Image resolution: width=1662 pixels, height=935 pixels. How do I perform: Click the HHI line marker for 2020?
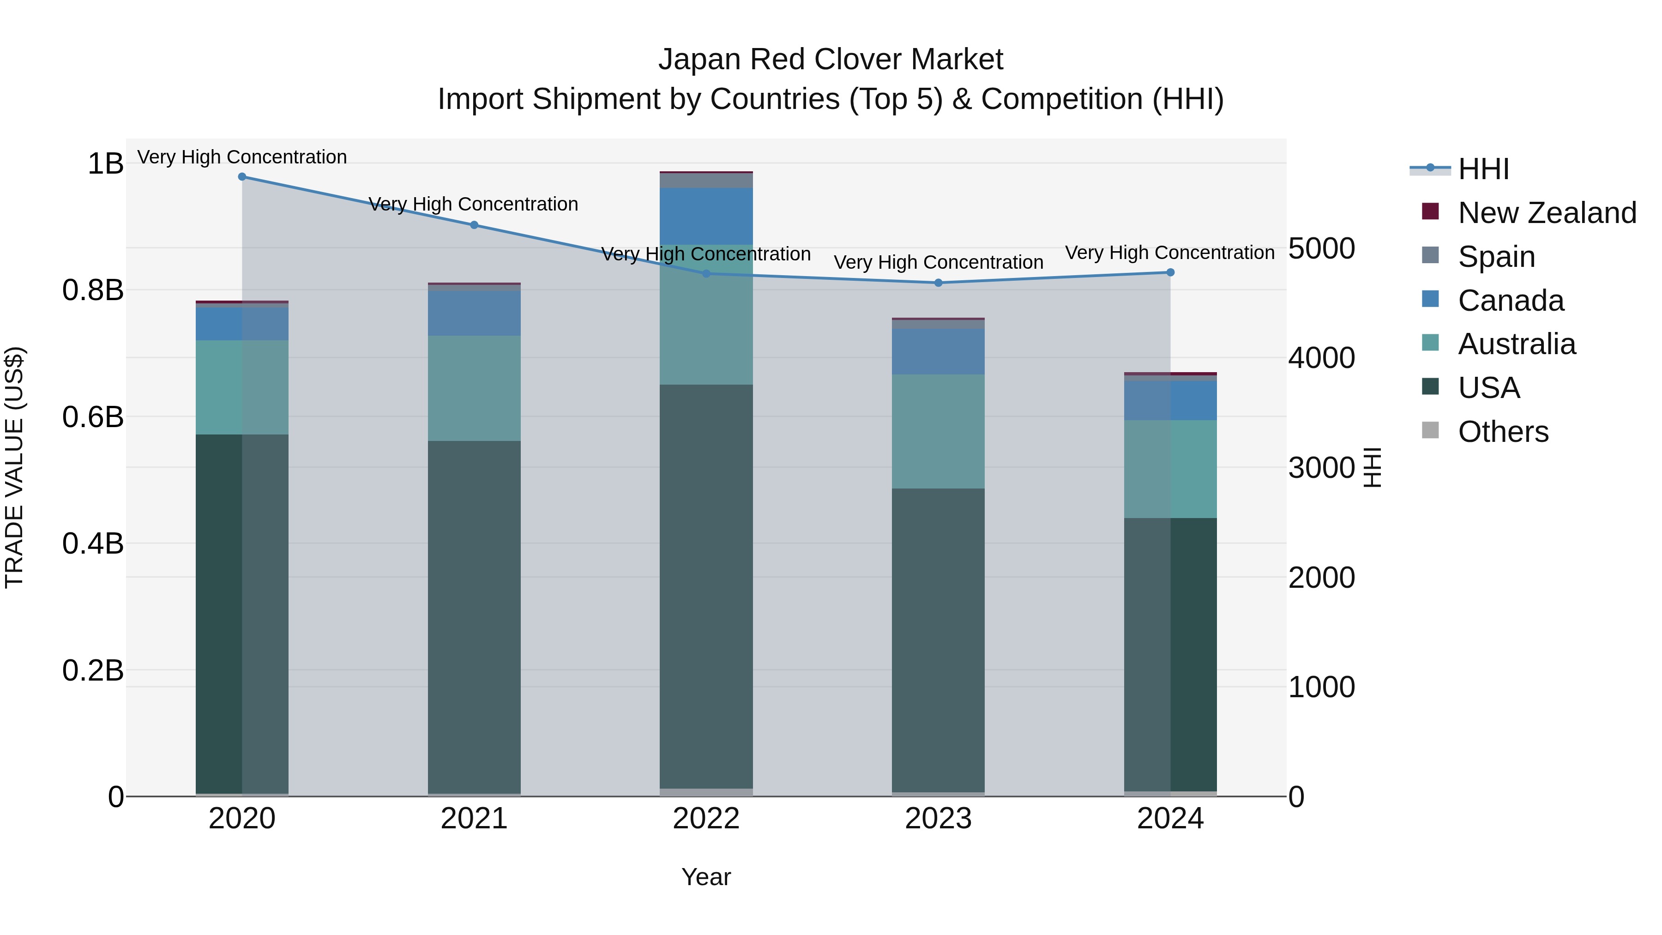tap(242, 177)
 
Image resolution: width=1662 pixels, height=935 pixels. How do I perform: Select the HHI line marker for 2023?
tap(938, 283)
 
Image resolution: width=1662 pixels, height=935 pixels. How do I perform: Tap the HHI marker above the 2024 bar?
tap(1170, 272)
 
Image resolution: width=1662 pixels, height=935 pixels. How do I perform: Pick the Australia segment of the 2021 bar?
tap(474, 388)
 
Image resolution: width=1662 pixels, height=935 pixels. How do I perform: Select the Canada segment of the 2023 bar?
tap(938, 352)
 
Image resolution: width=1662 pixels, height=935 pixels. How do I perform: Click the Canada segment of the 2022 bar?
tap(706, 216)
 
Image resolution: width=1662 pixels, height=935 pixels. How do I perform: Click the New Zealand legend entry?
tap(1547, 213)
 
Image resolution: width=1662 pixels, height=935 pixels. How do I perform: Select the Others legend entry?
tap(1503, 432)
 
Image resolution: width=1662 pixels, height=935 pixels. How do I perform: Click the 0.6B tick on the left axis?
tap(93, 417)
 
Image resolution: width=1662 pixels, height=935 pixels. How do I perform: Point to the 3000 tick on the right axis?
tap(1321, 468)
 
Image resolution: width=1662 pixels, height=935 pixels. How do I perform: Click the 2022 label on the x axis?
tap(706, 819)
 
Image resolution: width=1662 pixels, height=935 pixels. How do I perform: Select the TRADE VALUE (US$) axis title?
tap(14, 467)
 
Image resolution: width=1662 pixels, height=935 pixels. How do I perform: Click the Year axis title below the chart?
tap(706, 877)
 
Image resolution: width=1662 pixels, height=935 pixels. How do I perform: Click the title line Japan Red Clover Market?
tap(831, 60)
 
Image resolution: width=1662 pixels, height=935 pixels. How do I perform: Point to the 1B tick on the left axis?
tap(105, 163)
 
